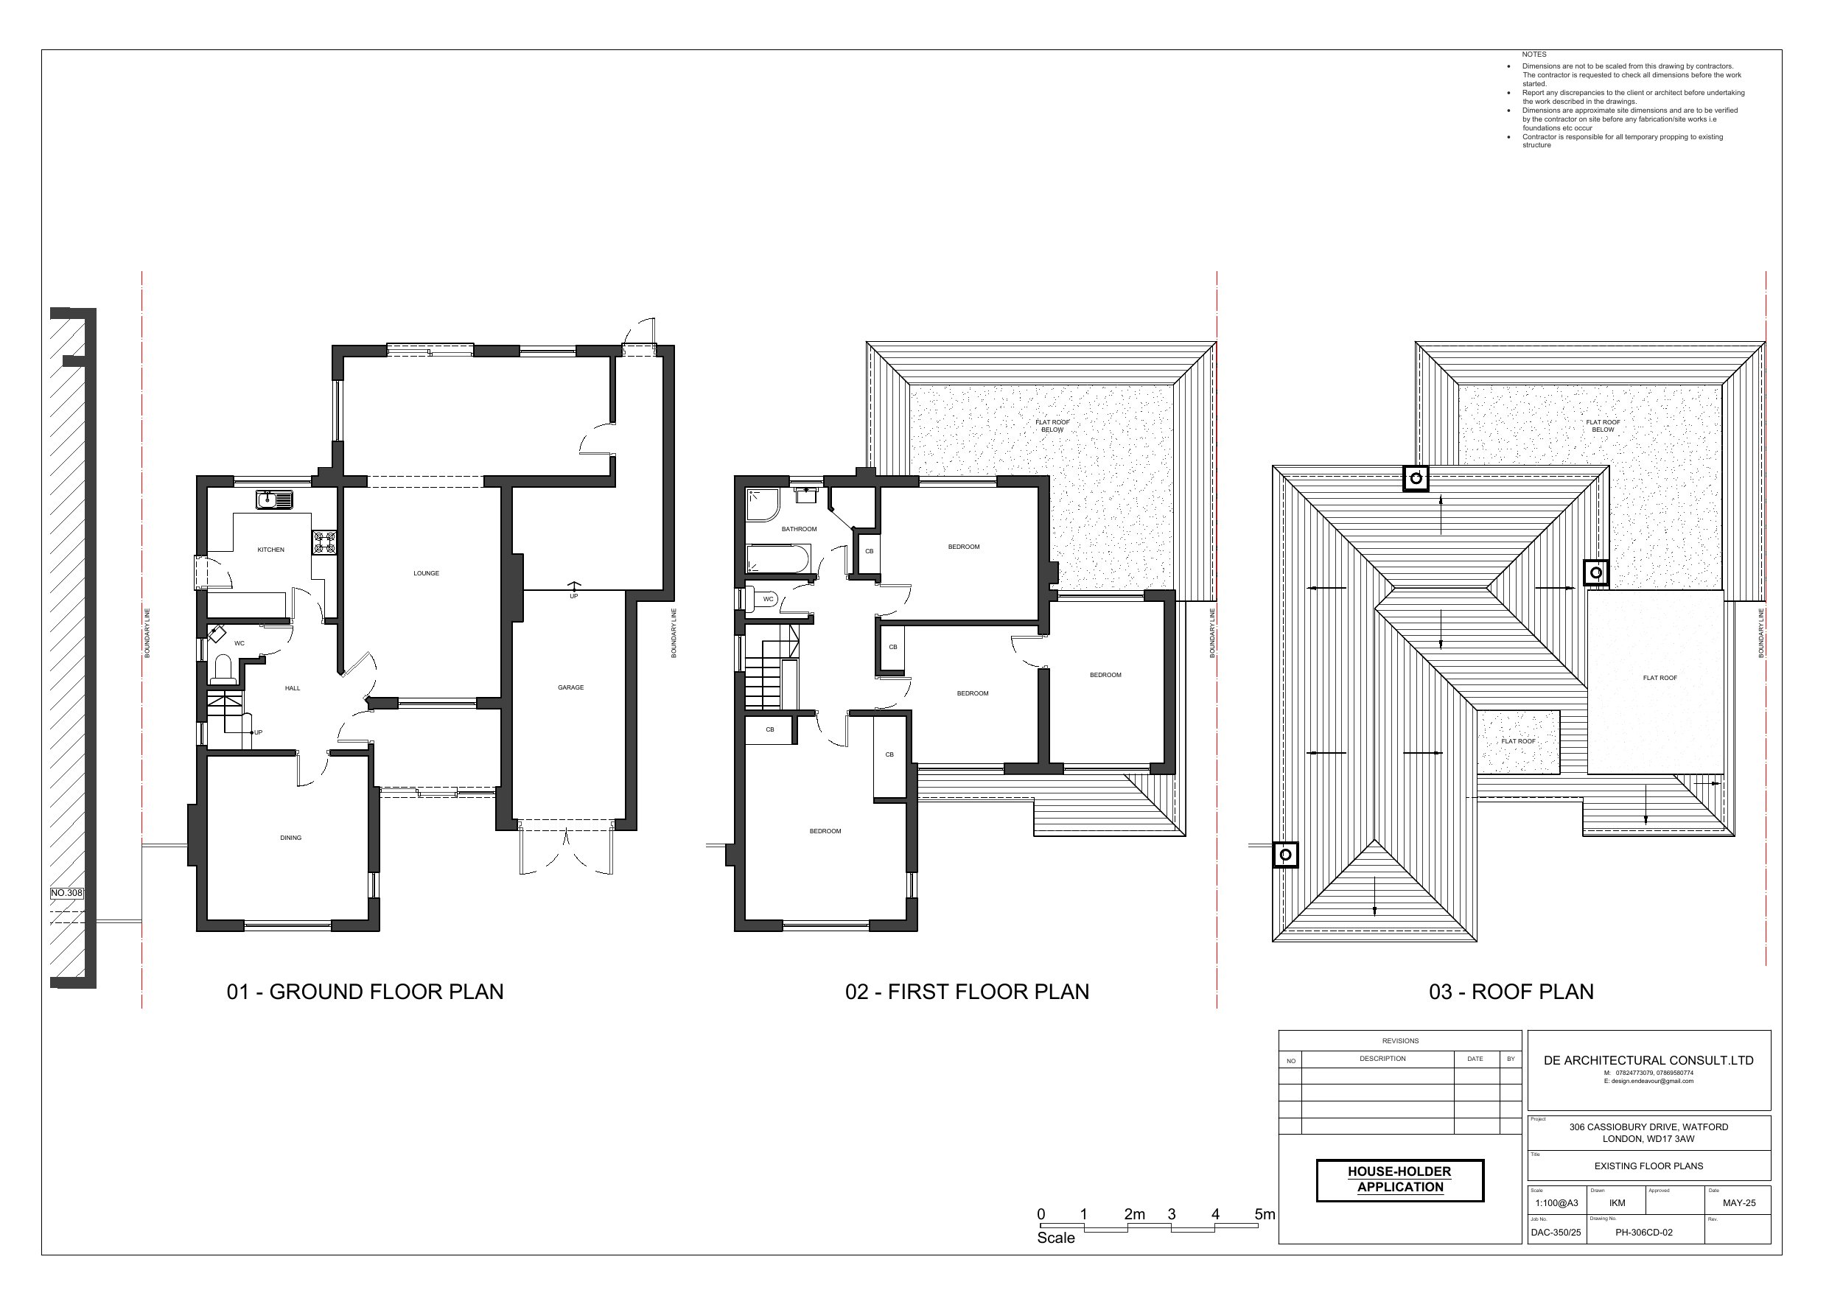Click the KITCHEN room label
271,550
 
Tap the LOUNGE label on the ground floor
426,572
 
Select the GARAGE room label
570,687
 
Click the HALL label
293,688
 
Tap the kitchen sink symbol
275,500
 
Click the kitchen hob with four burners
324,542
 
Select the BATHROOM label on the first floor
799,529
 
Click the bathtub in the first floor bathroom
778,558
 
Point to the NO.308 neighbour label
67,893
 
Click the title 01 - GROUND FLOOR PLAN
365,992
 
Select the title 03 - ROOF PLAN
1511,992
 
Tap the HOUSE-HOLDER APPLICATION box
1399,1180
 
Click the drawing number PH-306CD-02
1643,1233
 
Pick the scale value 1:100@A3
1556,1203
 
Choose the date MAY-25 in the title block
1739,1203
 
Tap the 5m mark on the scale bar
1265,1215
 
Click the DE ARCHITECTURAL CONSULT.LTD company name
1648,1060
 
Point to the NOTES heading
1534,55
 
